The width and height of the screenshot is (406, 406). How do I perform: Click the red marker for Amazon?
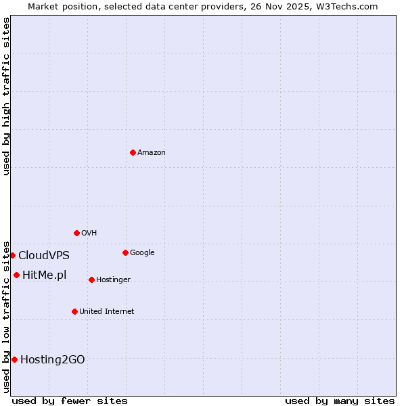(133, 152)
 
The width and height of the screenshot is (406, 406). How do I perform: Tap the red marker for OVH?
(76, 233)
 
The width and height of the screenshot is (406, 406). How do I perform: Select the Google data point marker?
(125, 252)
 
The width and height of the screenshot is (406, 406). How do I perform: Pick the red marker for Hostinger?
(91, 279)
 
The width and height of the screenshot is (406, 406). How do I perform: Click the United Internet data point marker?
(74, 311)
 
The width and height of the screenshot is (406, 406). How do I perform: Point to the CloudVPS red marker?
(12, 255)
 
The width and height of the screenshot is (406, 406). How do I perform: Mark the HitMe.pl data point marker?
(16, 275)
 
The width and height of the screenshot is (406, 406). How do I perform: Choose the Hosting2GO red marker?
(14, 359)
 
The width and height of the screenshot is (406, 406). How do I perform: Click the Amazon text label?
(152, 153)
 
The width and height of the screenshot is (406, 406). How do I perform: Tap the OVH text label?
(89, 233)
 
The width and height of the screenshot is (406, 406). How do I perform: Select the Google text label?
(142, 253)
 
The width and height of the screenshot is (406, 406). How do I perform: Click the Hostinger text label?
(113, 280)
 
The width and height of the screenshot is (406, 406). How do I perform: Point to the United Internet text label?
(106, 312)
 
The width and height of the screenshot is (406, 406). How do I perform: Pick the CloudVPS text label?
(43, 256)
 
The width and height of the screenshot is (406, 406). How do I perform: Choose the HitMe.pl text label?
(44, 275)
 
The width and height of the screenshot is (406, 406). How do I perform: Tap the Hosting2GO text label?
(52, 360)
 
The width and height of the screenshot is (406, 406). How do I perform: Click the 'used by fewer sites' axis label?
(70, 401)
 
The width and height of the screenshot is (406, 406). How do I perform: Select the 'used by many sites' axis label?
(340, 401)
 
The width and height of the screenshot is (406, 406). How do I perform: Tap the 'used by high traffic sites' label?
(6, 96)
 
